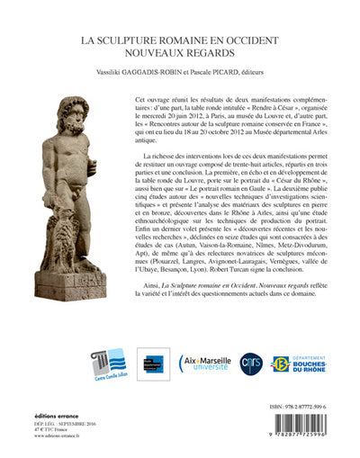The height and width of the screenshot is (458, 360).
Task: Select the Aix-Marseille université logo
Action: (206, 364)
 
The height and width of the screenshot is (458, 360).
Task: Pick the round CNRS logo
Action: (250, 364)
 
